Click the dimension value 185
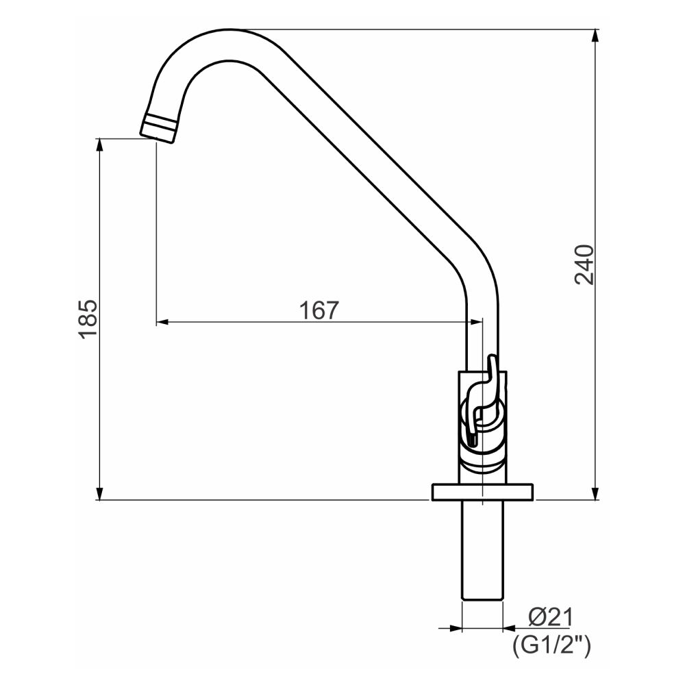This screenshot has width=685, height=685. pyautogui.click(x=88, y=319)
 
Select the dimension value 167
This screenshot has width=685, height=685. pyautogui.click(x=319, y=310)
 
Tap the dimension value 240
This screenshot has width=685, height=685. pyautogui.click(x=584, y=264)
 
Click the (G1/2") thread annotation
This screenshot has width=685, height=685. pyautogui.click(x=551, y=645)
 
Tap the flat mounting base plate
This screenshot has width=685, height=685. pyautogui.click(x=482, y=492)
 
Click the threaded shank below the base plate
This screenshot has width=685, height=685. pyautogui.click(x=482, y=551)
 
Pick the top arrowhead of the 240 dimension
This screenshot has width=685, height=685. pyautogui.click(x=595, y=36)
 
